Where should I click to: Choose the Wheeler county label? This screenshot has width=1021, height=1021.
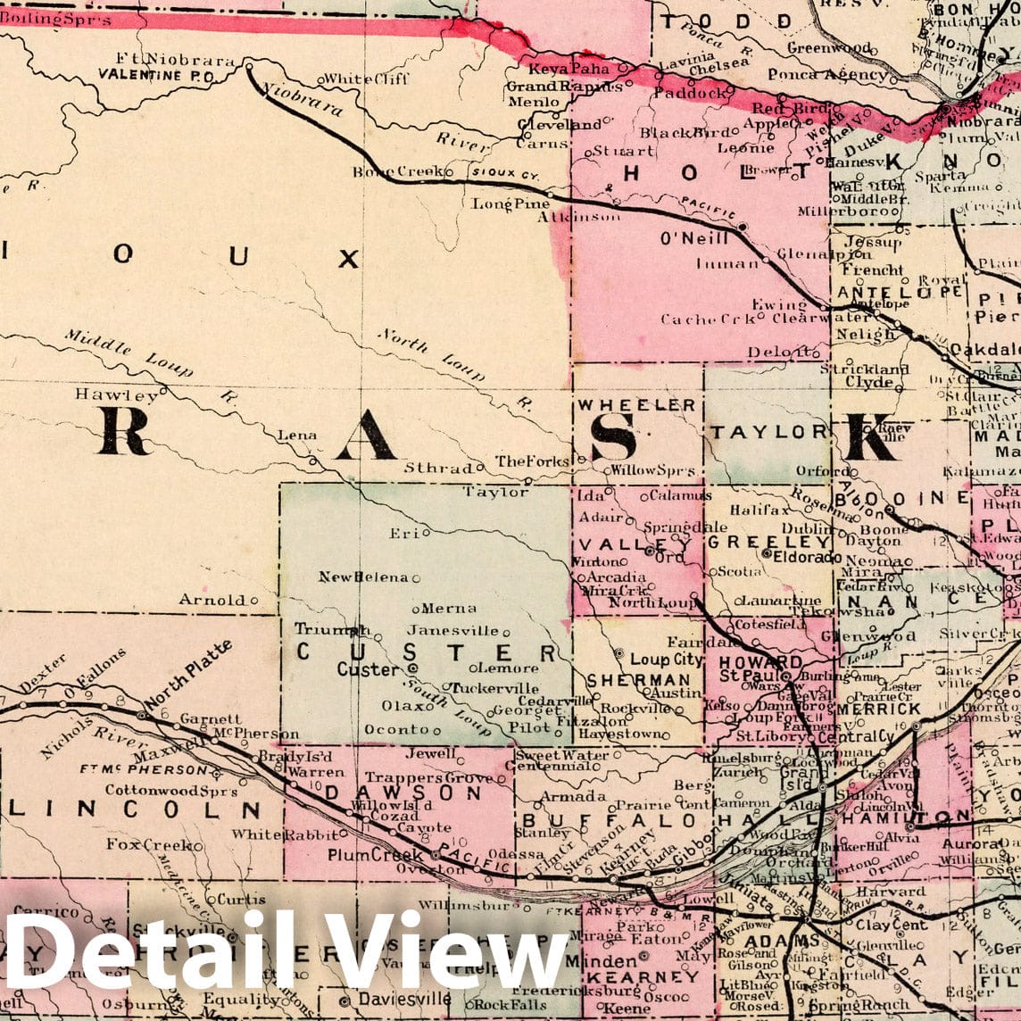coord(636,405)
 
